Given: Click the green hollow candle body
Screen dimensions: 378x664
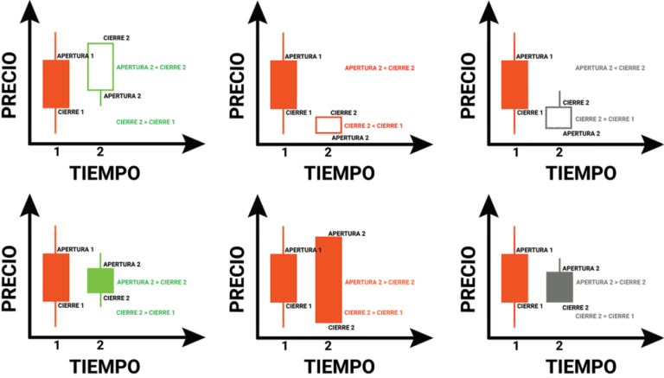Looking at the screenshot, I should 100,66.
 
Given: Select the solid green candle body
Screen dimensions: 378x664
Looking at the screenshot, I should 100,280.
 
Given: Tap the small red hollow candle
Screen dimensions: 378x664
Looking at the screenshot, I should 329,125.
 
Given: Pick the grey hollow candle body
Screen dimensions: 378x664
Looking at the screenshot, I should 559,118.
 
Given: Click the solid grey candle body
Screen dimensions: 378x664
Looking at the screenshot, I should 559,286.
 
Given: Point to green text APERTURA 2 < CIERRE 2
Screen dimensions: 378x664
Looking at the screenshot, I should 151,67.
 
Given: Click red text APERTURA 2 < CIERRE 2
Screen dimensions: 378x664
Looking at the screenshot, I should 380,67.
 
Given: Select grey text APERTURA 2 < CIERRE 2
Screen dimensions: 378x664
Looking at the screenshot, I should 610,67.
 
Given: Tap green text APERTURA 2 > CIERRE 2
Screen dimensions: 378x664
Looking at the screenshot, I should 151,282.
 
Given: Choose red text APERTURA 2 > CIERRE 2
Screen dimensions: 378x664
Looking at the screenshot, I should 380,282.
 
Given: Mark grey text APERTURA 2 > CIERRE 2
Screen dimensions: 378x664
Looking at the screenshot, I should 610,282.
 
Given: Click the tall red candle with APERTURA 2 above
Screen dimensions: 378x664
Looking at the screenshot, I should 329,279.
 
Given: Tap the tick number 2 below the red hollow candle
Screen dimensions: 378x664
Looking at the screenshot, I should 328,153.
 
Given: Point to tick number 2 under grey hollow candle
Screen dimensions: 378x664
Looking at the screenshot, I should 559,153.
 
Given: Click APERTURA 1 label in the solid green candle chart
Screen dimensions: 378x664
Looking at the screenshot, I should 75,250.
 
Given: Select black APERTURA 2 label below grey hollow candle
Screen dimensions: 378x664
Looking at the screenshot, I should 581,133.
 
